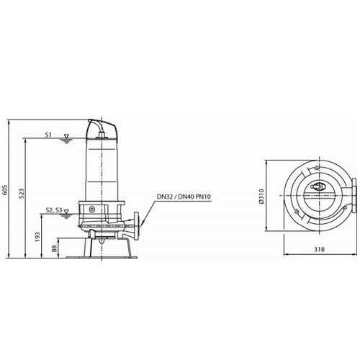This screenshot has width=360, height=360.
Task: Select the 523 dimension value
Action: point(22,194)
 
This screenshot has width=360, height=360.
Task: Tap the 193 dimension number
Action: point(37,237)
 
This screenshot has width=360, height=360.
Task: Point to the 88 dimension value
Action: point(54,248)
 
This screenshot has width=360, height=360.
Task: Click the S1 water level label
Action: point(48,135)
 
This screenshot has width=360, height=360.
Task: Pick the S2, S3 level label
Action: point(54,210)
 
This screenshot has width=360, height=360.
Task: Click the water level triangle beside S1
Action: point(66,136)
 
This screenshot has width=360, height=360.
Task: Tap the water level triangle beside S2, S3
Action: point(66,212)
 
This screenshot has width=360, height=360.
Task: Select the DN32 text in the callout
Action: point(164,197)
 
